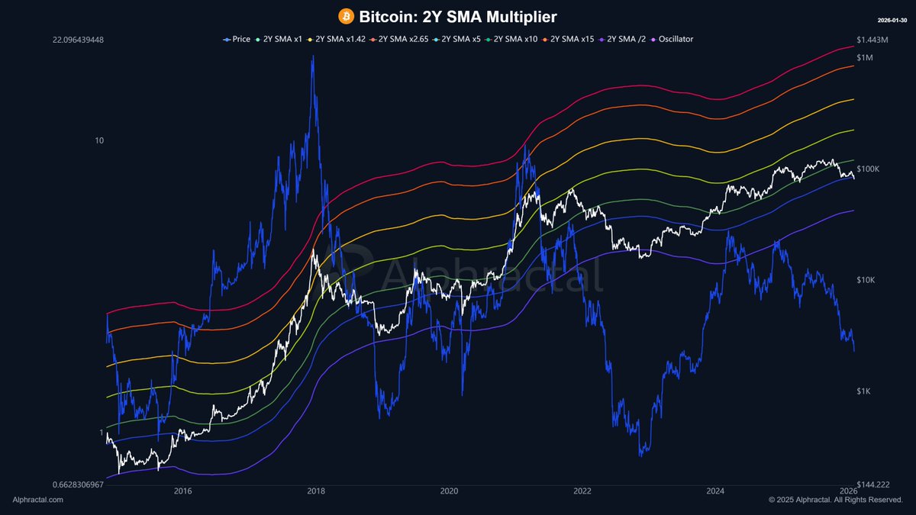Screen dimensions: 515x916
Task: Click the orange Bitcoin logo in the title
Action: click(x=345, y=16)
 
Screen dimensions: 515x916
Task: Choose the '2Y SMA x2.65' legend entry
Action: click(x=393, y=39)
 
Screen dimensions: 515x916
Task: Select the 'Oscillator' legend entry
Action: click(x=672, y=39)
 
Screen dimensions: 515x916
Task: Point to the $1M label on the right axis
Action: click(x=866, y=58)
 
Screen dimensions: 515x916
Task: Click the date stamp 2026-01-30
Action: click(x=891, y=18)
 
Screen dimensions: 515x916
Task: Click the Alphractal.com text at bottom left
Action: click(x=38, y=500)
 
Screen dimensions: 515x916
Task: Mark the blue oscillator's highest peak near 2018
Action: click(x=312, y=57)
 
